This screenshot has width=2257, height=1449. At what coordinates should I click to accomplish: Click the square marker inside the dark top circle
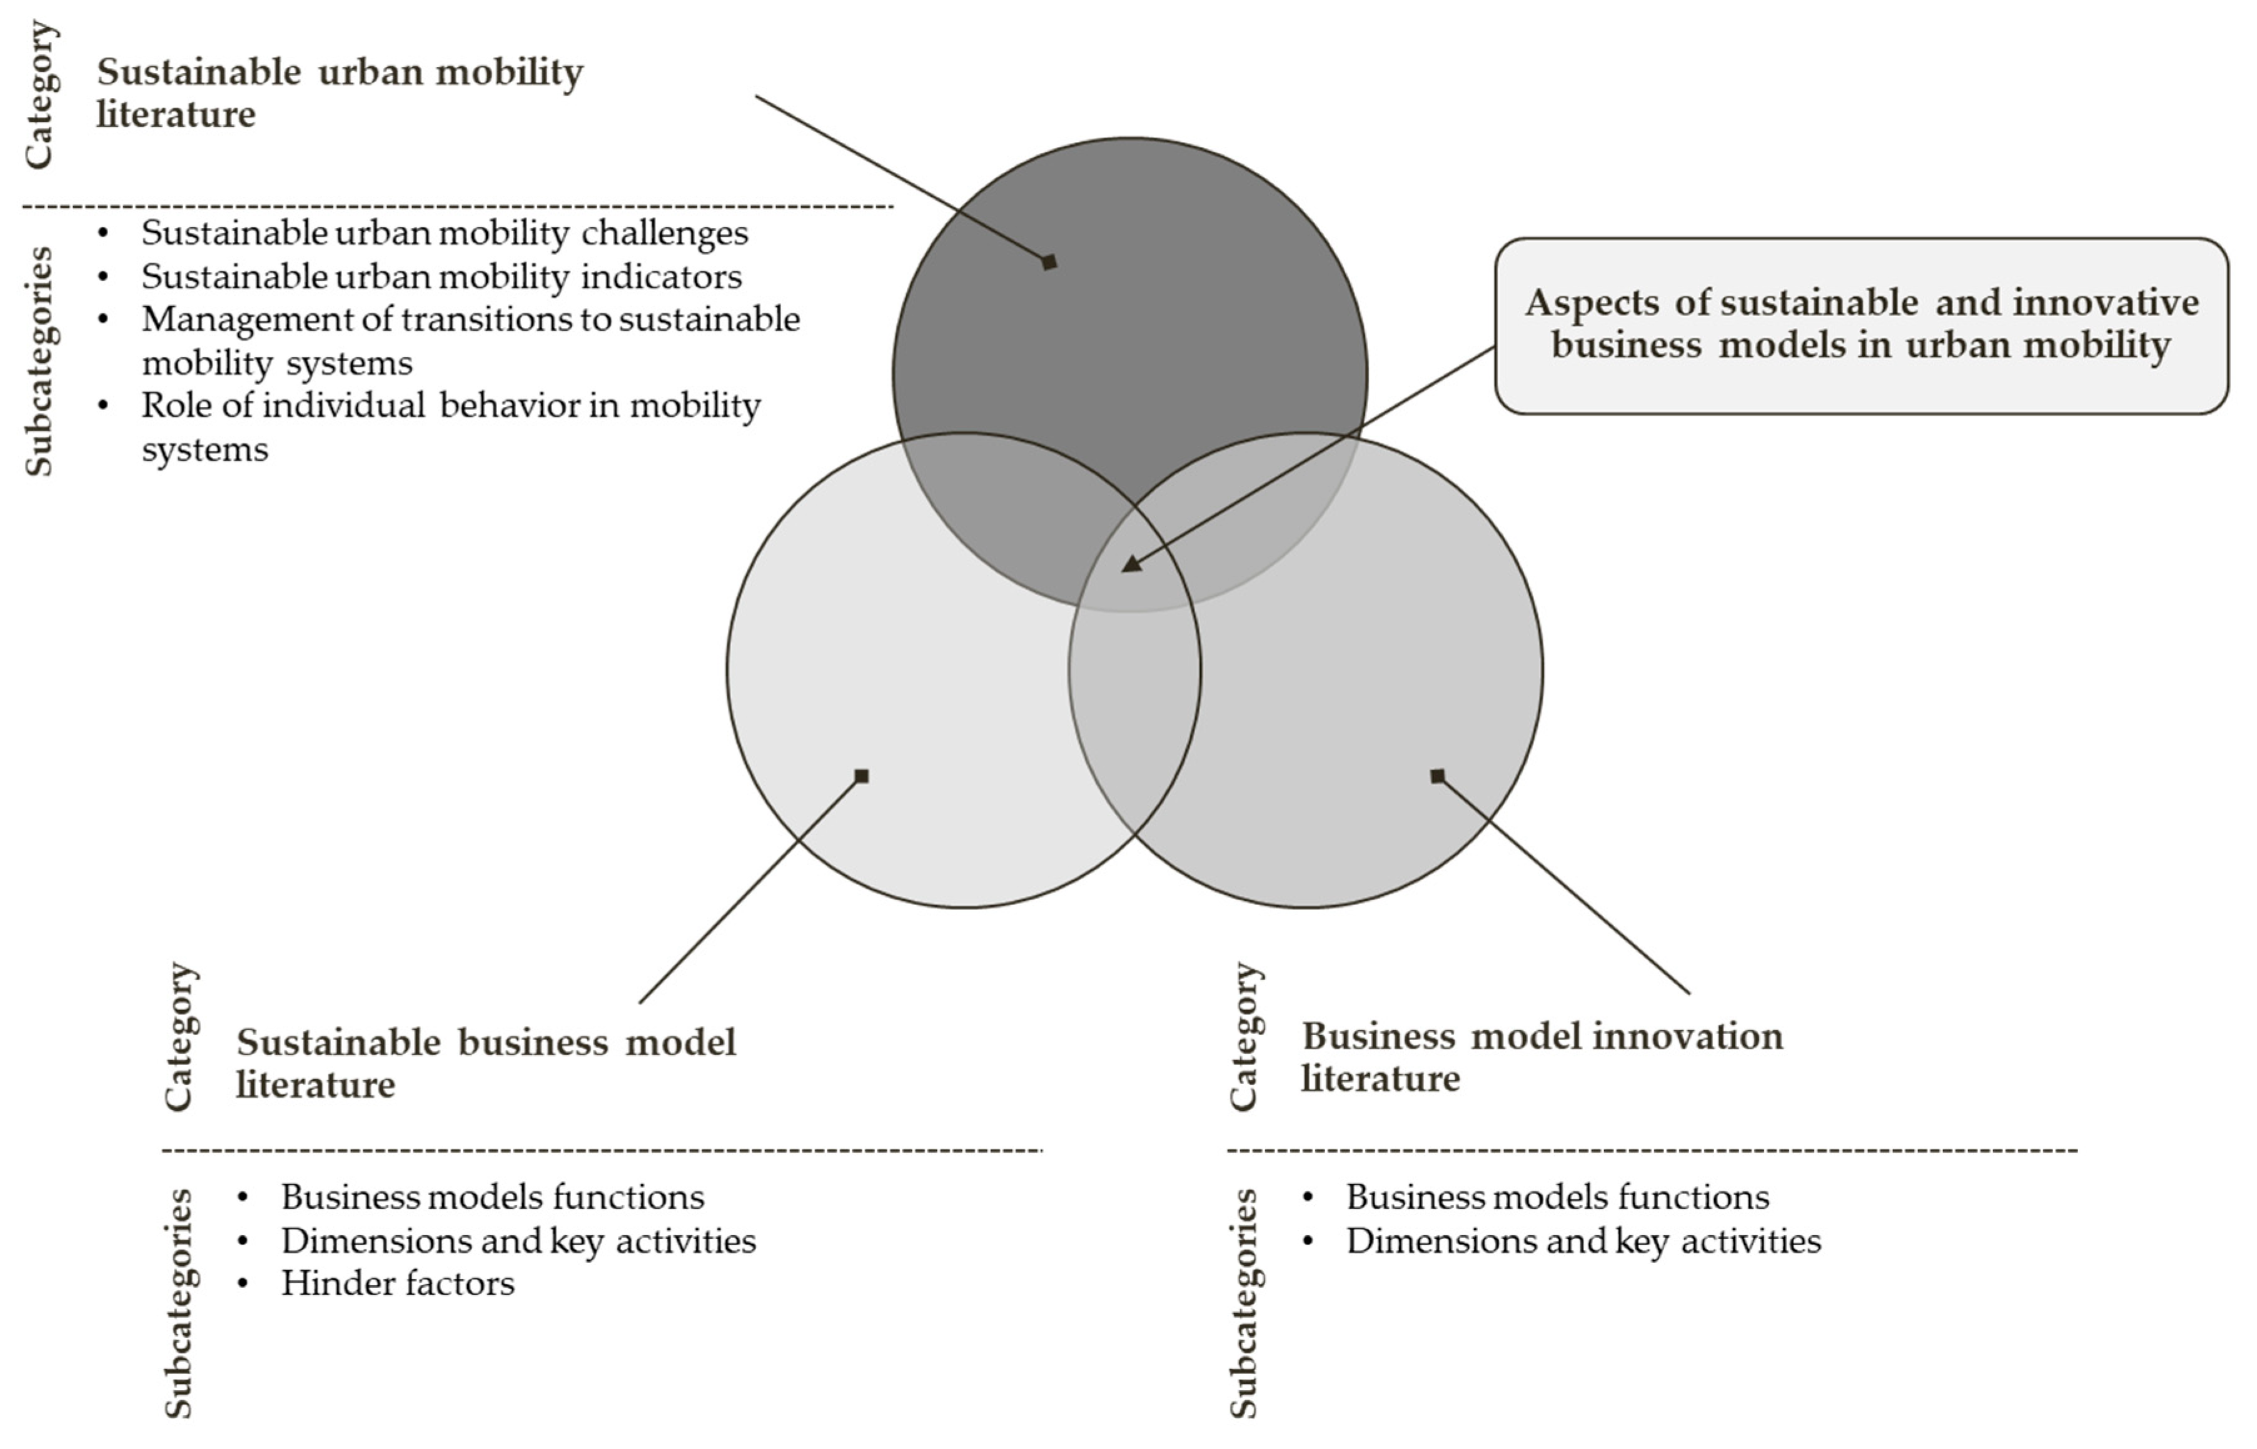click(x=1049, y=263)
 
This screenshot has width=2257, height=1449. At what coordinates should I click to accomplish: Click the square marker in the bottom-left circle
click(x=861, y=776)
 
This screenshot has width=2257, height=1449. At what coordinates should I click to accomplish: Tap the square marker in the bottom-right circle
click(x=1437, y=776)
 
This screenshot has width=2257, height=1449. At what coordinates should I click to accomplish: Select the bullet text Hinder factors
click(x=397, y=1283)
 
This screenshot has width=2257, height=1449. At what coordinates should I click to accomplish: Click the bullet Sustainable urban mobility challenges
click(x=444, y=233)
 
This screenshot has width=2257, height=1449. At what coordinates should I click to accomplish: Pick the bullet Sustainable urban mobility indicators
click(x=442, y=277)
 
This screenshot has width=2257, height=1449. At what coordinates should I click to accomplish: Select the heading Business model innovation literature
click(x=1541, y=1056)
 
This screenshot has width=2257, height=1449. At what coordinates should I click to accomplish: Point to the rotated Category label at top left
click(x=39, y=95)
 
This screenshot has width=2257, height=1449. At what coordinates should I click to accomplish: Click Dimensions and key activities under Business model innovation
click(x=1583, y=1240)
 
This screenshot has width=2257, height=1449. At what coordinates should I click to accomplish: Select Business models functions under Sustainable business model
click(x=492, y=1197)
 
